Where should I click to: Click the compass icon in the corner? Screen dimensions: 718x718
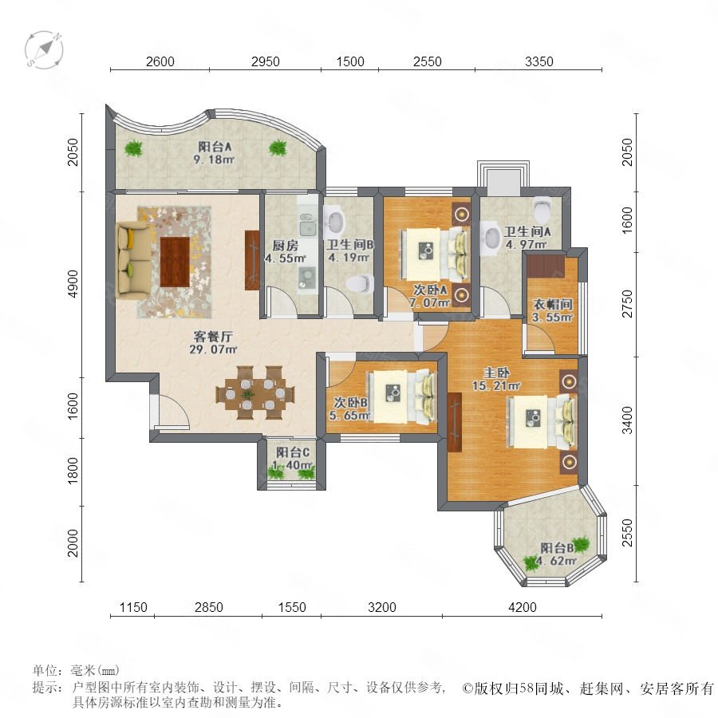click(44, 49)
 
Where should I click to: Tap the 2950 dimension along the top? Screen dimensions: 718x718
click(265, 61)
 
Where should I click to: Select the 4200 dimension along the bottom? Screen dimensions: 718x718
click(522, 607)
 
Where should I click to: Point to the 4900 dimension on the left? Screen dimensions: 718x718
click(73, 284)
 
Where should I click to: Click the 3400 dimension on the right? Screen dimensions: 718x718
click(627, 420)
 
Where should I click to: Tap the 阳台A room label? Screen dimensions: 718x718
click(215, 147)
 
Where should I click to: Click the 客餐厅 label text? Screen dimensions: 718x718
click(213, 337)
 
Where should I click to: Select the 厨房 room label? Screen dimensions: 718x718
click(285, 246)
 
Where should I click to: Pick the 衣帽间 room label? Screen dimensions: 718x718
click(553, 304)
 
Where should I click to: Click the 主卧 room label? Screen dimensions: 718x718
click(496, 373)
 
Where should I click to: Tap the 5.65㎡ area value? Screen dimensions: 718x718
click(349, 416)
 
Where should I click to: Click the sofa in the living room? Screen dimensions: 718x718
click(134, 260)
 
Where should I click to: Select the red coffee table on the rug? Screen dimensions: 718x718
click(175, 262)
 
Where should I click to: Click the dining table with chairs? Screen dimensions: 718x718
click(255, 393)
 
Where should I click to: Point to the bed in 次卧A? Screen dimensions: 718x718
click(435, 254)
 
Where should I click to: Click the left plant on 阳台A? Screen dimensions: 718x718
click(133, 148)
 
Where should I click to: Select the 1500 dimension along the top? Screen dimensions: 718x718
click(350, 61)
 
